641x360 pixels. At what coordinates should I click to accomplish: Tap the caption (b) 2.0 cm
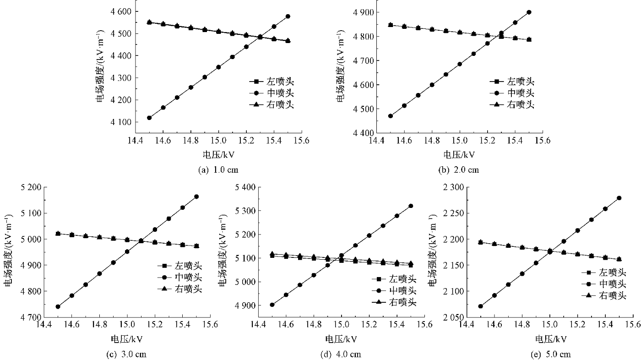459,170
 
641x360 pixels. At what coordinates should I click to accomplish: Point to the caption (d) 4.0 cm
341,354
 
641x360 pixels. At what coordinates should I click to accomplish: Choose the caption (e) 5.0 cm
550,354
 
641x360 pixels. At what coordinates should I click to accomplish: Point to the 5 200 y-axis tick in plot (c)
29,187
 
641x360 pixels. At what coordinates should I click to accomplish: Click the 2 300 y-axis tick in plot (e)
453,187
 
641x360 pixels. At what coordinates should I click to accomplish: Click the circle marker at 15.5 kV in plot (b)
529,12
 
